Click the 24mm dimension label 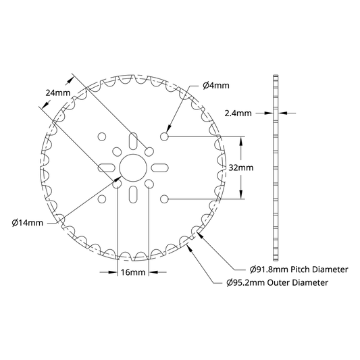[x=58, y=93]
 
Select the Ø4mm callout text [x=216, y=86]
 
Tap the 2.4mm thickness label [x=238, y=113]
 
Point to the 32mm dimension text [x=241, y=168]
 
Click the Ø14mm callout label [x=27, y=223]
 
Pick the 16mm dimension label [x=133, y=272]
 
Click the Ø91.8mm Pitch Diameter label [x=299, y=269]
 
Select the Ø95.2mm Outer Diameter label [x=277, y=282]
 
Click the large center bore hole [x=133, y=168]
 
